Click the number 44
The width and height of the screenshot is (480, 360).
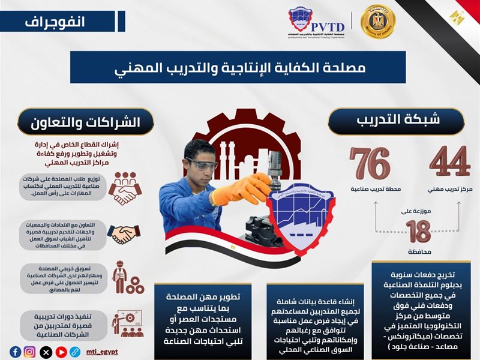point(449,161)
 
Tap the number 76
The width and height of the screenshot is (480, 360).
point(370,161)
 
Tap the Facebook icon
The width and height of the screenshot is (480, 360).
point(16,352)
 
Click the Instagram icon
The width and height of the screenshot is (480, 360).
point(29,352)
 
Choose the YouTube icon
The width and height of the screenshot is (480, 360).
point(58,352)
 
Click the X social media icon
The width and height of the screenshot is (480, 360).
point(44,352)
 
